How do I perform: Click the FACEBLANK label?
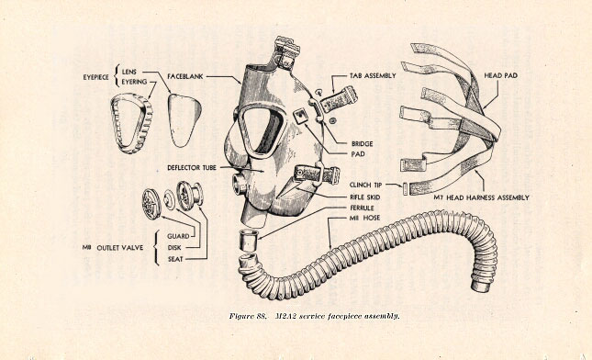(185, 76)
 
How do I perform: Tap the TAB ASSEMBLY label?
(373, 76)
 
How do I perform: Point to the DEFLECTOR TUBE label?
(192, 167)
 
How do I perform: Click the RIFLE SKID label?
(364, 197)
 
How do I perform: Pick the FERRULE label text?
(362, 208)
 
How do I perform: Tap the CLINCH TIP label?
(365, 186)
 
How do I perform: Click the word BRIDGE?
(362, 144)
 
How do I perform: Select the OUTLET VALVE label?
(120, 248)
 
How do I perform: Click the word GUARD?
(178, 236)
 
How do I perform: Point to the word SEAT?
(175, 259)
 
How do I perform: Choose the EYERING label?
(134, 82)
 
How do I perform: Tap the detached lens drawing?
(184, 120)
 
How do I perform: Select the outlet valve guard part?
(151, 204)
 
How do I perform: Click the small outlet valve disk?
(169, 200)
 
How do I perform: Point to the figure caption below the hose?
(314, 316)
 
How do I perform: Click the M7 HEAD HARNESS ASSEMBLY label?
(481, 197)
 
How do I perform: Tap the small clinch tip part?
(405, 188)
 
